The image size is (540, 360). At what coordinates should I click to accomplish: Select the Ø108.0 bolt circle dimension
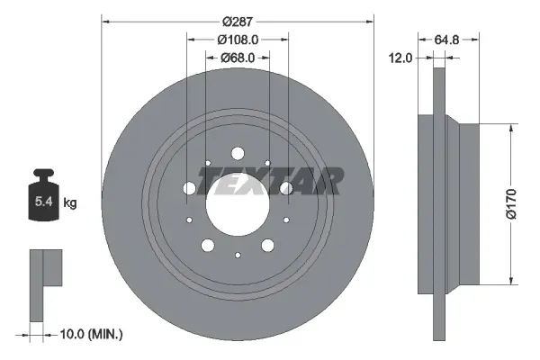pyautogui.click(x=238, y=39)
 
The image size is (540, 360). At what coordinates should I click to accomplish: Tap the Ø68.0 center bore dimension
pyautogui.click(x=238, y=58)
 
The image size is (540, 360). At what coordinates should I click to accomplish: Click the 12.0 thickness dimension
pyautogui.click(x=401, y=58)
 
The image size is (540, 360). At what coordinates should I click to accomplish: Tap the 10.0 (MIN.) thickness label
pyautogui.click(x=89, y=334)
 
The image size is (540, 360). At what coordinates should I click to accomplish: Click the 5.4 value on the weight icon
pyautogui.click(x=42, y=203)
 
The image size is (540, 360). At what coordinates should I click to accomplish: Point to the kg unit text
pyautogui.click(x=69, y=203)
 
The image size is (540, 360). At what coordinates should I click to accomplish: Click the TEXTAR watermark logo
pyautogui.click(x=269, y=181)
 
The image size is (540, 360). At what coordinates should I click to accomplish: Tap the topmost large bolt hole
pyautogui.click(x=238, y=154)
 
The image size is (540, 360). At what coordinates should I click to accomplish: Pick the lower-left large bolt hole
pyautogui.click(x=208, y=245)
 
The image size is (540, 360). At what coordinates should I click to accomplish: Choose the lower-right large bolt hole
pyautogui.click(x=268, y=245)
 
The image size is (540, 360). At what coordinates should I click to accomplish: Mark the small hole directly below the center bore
pyautogui.click(x=238, y=256)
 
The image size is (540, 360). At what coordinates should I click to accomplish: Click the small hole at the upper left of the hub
pyautogui.click(x=208, y=164)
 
